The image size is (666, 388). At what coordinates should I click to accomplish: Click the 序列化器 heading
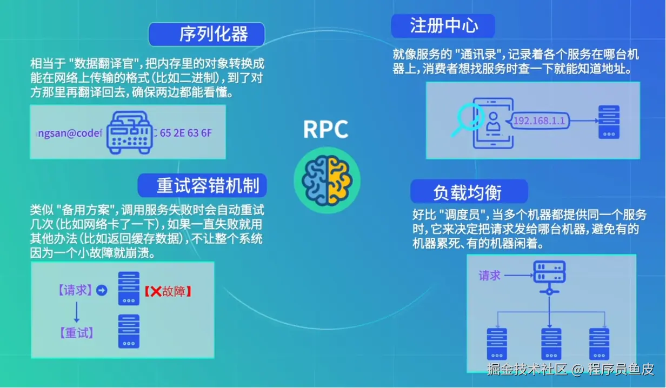pyautogui.click(x=214, y=34)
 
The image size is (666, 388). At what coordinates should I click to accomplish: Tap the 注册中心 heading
pyautogui.click(x=444, y=25)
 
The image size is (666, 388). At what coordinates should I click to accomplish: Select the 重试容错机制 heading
pyautogui.click(x=208, y=185)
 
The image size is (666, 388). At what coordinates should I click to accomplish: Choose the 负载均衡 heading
pyautogui.click(x=468, y=192)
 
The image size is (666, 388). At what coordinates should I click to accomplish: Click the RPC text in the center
pyautogui.click(x=325, y=129)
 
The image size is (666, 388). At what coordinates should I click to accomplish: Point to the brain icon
pyautogui.click(x=327, y=180)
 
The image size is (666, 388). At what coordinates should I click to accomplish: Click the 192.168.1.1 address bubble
pyautogui.click(x=539, y=121)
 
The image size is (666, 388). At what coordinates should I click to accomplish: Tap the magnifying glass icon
pyautogui.click(x=467, y=119)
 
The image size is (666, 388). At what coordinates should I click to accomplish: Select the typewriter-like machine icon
pyautogui.click(x=130, y=132)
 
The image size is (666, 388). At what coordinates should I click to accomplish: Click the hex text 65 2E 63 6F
pyautogui.click(x=186, y=133)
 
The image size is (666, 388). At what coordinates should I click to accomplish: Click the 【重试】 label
pyautogui.click(x=77, y=333)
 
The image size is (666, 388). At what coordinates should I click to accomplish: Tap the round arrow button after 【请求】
pyautogui.click(x=102, y=290)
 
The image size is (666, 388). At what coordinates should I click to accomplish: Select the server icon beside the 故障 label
pyautogui.click(x=129, y=289)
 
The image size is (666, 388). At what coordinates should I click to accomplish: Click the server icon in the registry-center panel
pyautogui.click(x=609, y=122)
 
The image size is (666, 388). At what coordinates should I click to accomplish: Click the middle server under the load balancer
pyautogui.click(x=551, y=344)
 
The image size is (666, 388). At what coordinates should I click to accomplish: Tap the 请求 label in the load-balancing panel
pyautogui.click(x=489, y=276)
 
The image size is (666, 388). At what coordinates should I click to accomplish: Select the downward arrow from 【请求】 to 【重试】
pyautogui.click(x=77, y=312)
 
